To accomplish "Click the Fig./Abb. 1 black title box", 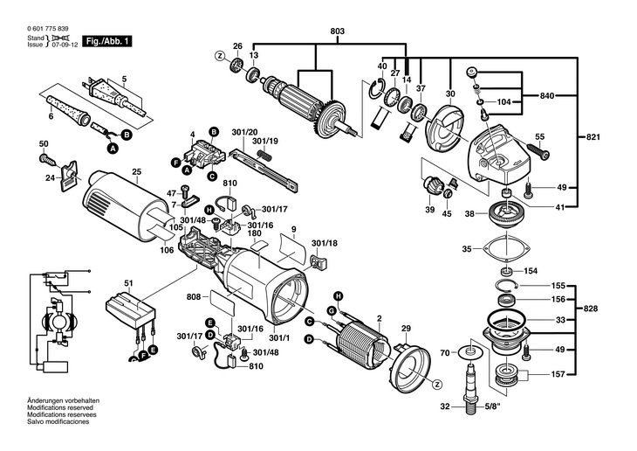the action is click(106, 41).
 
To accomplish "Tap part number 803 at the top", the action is click(337, 31).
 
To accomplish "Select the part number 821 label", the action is click(592, 137).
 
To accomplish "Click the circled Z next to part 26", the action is click(220, 56).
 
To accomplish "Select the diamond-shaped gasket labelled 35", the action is click(507, 248).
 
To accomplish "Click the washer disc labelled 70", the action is click(470, 351).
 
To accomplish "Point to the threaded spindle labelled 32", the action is click(471, 390).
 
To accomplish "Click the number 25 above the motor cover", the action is click(136, 172).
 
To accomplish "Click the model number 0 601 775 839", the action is click(48, 29).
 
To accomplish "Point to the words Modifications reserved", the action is click(59, 407).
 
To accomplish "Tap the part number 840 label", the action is click(547, 96).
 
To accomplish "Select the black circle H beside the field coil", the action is click(338, 295).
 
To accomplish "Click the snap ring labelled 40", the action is click(377, 89).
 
